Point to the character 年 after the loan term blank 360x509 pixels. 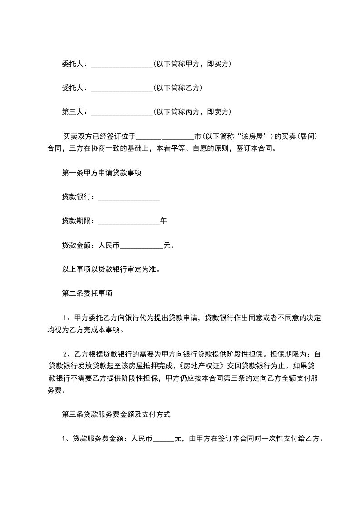[163, 221]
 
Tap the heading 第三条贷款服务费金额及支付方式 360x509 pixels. [116, 414]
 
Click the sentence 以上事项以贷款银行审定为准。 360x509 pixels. [111, 269]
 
